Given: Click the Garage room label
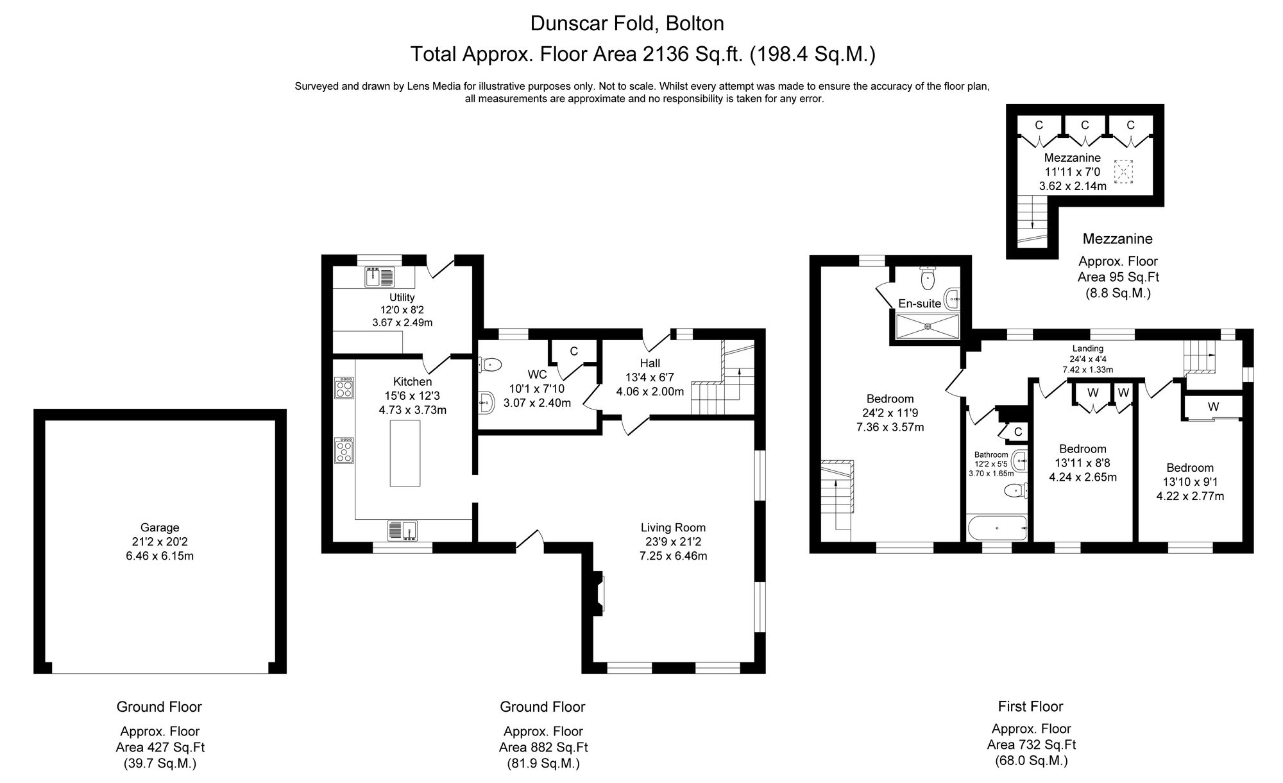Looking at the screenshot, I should click(x=160, y=528).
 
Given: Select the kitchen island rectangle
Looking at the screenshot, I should click(x=405, y=452).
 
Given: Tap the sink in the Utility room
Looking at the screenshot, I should click(x=379, y=277).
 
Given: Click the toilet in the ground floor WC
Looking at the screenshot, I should click(x=489, y=365).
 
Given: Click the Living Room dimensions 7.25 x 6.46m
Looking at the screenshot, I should click(x=673, y=556).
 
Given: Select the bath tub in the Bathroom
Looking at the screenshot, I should click(x=997, y=528).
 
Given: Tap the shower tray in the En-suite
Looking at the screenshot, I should click(x=928, y=326).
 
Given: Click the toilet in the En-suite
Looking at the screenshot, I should click(x=928, y=278).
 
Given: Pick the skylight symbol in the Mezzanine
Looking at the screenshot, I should click(x=1123, y=171).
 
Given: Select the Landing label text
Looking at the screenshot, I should click(x=1087, y=348).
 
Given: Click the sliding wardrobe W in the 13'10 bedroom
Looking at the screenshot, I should click(x=1213, y=407).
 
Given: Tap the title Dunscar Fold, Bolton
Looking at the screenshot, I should click(x=627, y=24).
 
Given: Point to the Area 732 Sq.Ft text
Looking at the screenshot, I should click(x=1031, y=744).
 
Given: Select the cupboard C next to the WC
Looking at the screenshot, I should click(x=574, y=352).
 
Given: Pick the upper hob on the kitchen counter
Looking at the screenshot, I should click(x=344, y=388).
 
